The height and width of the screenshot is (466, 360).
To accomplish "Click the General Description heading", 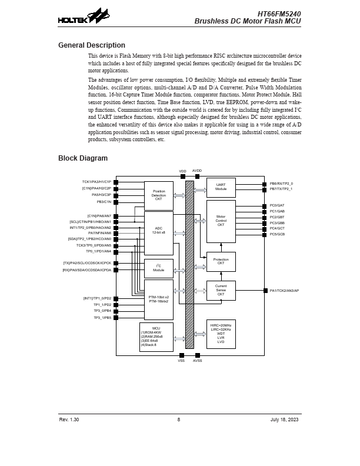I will [92, 45].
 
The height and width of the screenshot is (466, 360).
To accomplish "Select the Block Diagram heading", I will [83, 158].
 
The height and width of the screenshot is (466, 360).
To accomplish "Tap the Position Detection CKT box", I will [159, 195].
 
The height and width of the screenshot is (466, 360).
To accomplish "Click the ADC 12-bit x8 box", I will [159, 232].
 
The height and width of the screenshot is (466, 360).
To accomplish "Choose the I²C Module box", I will [159, 268].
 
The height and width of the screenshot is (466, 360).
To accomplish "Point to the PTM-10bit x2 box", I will [159, 299].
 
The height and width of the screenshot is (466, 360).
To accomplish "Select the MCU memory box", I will [156, 337].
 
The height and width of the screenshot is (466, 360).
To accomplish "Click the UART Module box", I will [221, 187].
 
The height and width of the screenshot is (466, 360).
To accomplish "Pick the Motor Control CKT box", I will [221, 221].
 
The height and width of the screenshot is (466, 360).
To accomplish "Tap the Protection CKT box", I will [221, 261].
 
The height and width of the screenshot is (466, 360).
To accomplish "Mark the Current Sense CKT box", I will [221, 290].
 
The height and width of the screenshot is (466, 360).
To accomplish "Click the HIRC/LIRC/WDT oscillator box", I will [221, 334].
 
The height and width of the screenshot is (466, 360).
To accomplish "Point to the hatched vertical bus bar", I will [189, 264].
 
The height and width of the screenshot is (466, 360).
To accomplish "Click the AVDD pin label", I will [197, 171].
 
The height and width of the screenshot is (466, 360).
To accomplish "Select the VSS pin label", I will [181, 361].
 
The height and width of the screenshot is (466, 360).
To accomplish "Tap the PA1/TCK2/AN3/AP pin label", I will [284, 291].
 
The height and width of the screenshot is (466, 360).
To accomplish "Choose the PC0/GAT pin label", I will [277, 205].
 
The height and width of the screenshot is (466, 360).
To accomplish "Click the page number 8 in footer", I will [179, 420].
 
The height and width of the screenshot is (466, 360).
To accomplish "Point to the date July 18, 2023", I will [285, 420].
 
